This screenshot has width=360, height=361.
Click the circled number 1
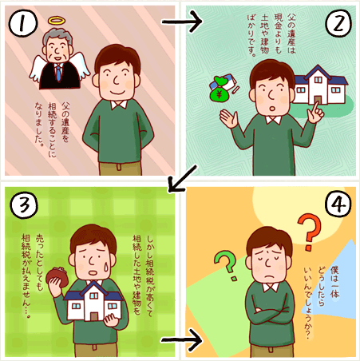[x=23, y=23]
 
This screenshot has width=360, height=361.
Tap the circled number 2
[x=338, y=23]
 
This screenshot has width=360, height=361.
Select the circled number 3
[x=24, y=205]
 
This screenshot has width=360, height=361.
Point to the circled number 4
[x=338, y=204]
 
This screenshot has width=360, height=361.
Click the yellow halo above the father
[x=57, y=20]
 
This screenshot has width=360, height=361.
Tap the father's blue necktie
[x=58, y=73]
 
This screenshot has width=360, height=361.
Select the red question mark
[x=310, y=232]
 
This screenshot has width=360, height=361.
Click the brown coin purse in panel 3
[x=57, y=278]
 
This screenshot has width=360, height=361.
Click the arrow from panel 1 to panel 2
[x=182, y=22]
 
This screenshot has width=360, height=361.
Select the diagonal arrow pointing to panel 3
[x=183, y=178]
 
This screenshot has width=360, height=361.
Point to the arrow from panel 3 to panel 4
[x=182, y=340]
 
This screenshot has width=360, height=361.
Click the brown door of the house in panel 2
[x=317, y=100]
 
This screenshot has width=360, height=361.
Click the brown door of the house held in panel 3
[x=94, y=316]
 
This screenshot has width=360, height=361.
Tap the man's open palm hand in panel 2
[x=228, y=118]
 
